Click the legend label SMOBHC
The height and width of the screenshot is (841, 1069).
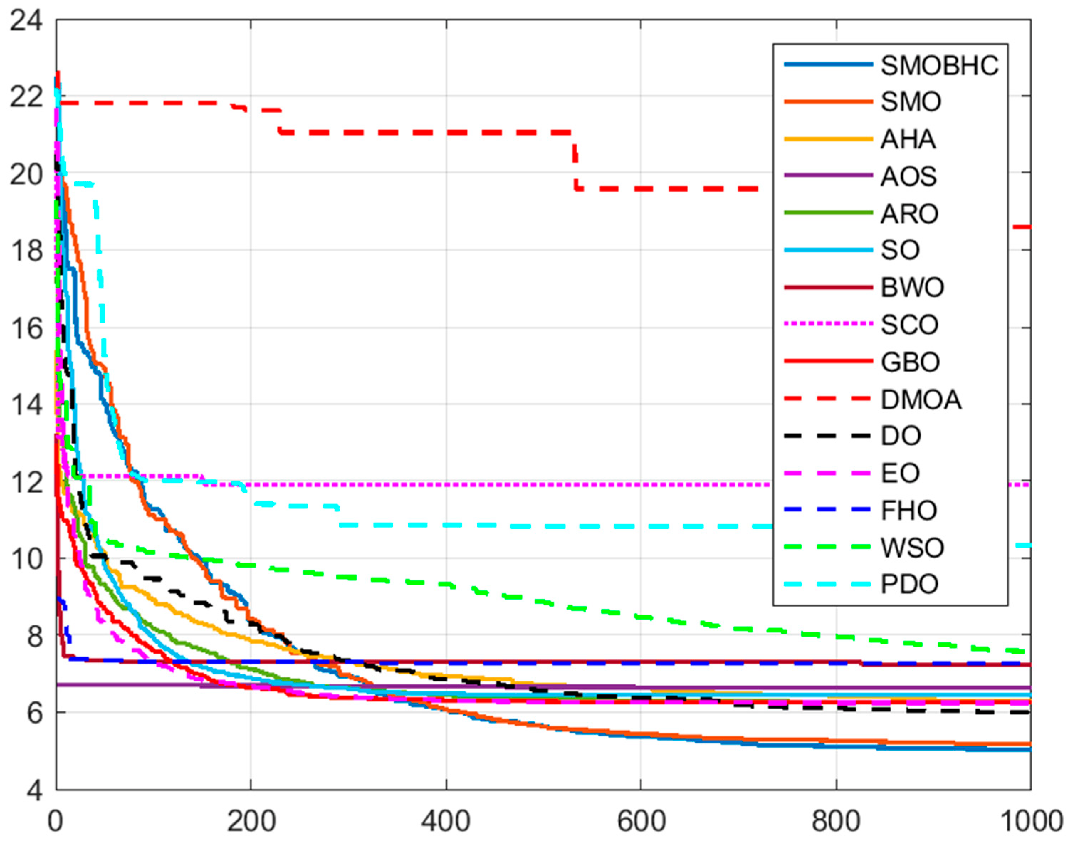(939, 65)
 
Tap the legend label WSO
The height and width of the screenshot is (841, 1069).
(912, 548)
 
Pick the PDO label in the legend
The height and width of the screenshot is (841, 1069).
(909, 585)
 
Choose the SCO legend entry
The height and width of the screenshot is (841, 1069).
(909, 325)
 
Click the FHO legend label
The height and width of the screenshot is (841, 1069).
(908, 511)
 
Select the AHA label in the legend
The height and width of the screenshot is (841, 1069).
(908, 139)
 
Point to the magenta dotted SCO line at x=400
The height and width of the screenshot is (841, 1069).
(446, 485)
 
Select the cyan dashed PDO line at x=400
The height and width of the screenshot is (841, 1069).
(446, 526)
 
